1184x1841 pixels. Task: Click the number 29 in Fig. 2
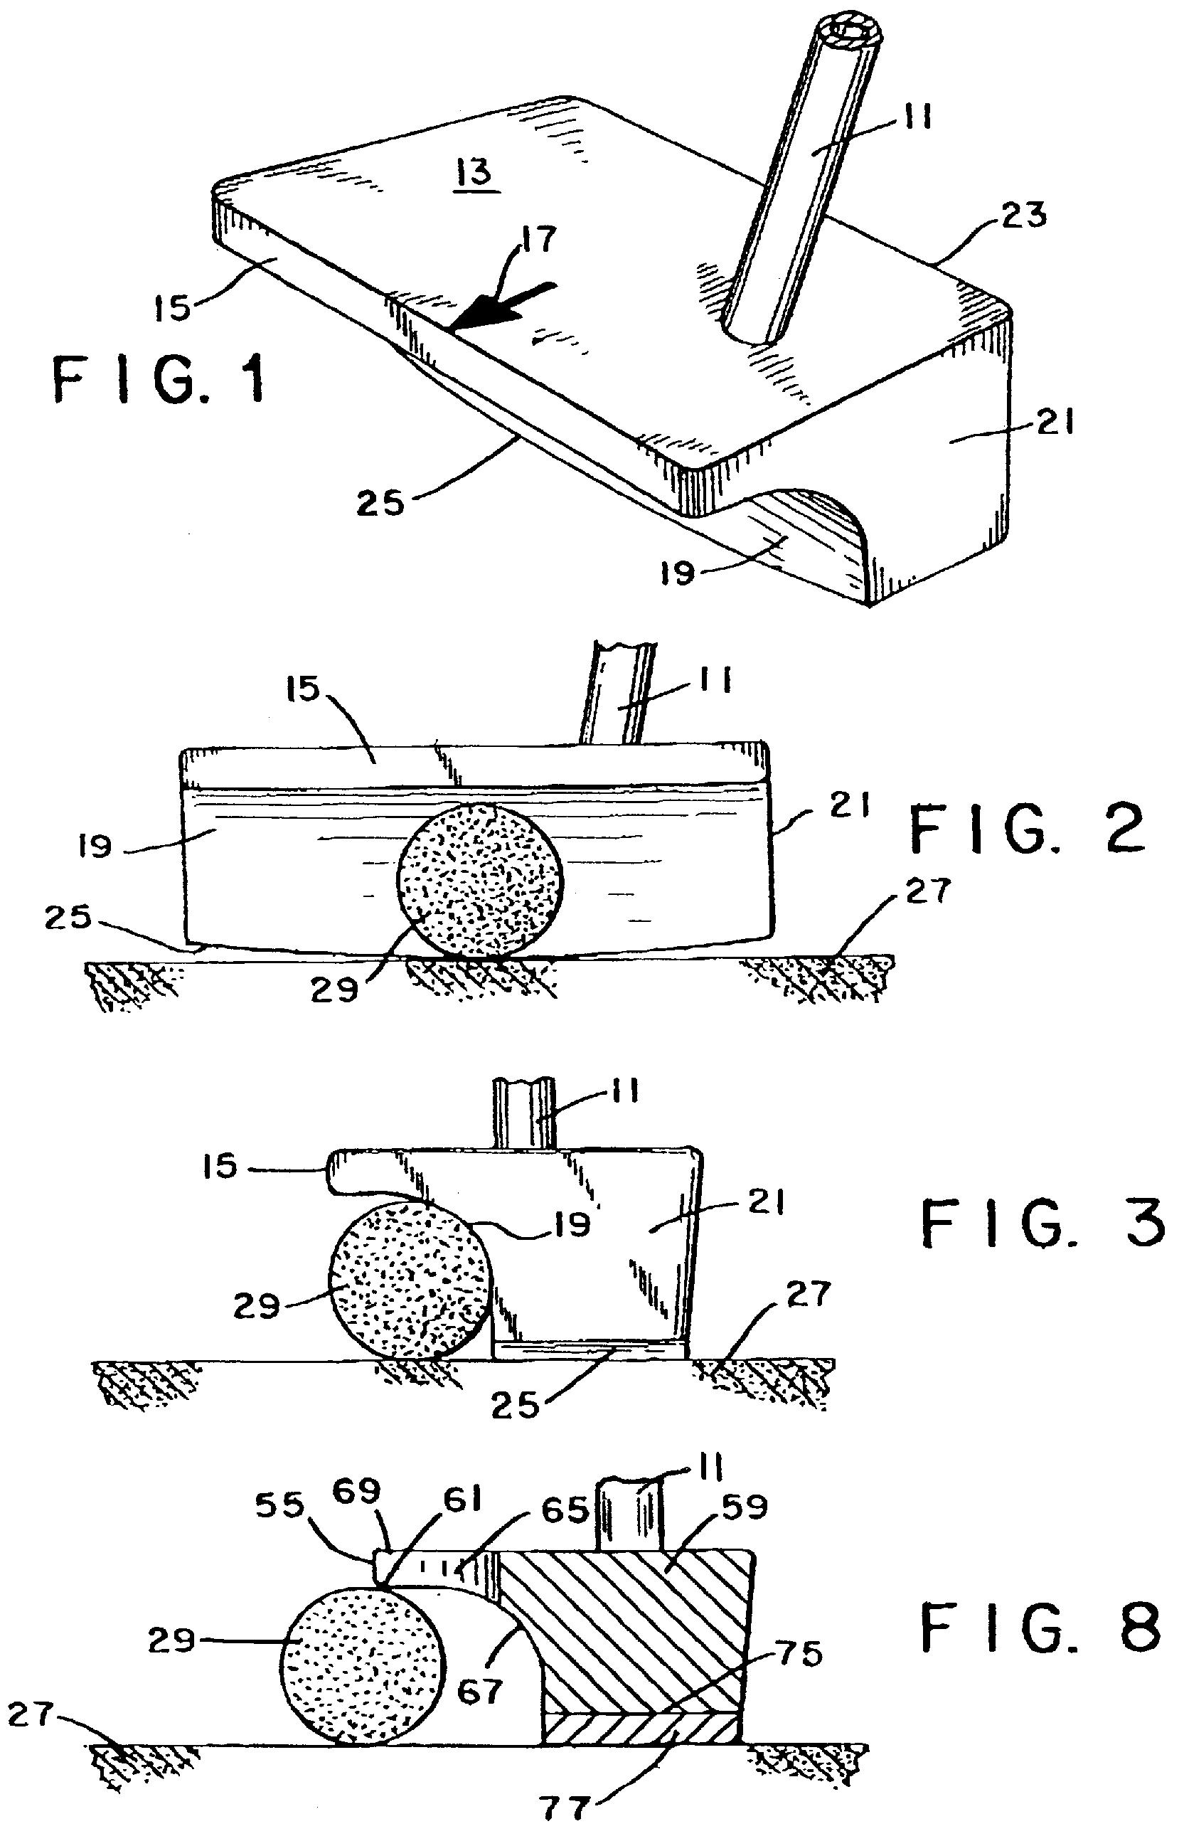[x=335, y=989]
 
